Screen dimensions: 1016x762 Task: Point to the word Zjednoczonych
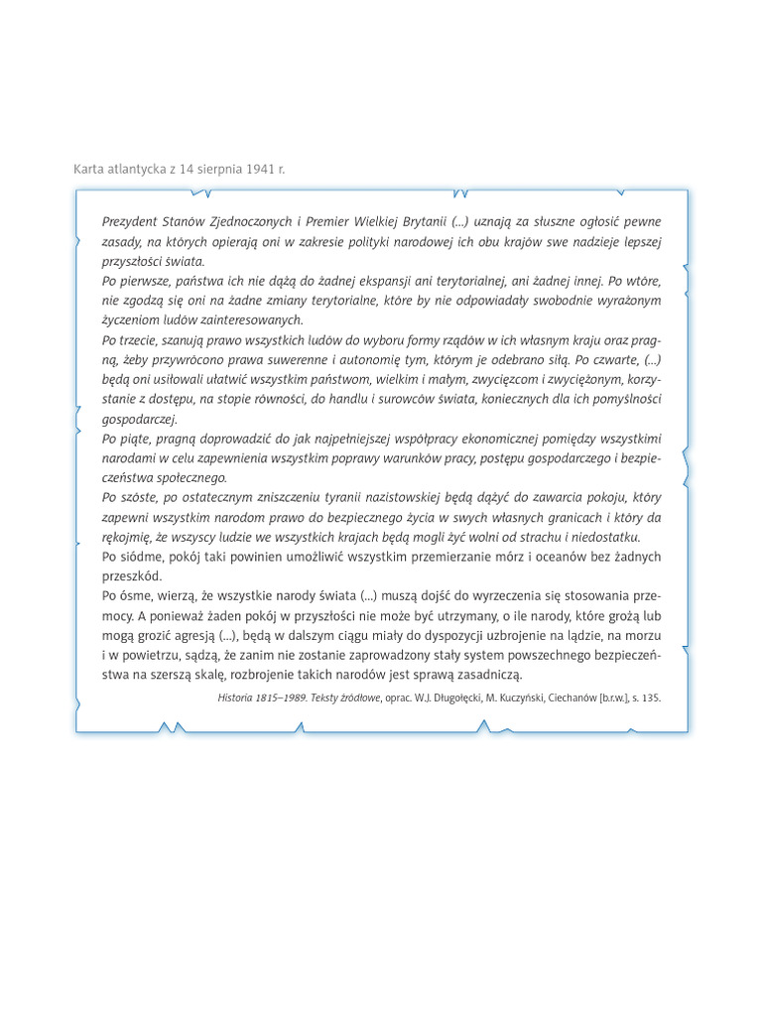coord(238,221)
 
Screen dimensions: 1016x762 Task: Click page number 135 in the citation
coord(649,698)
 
